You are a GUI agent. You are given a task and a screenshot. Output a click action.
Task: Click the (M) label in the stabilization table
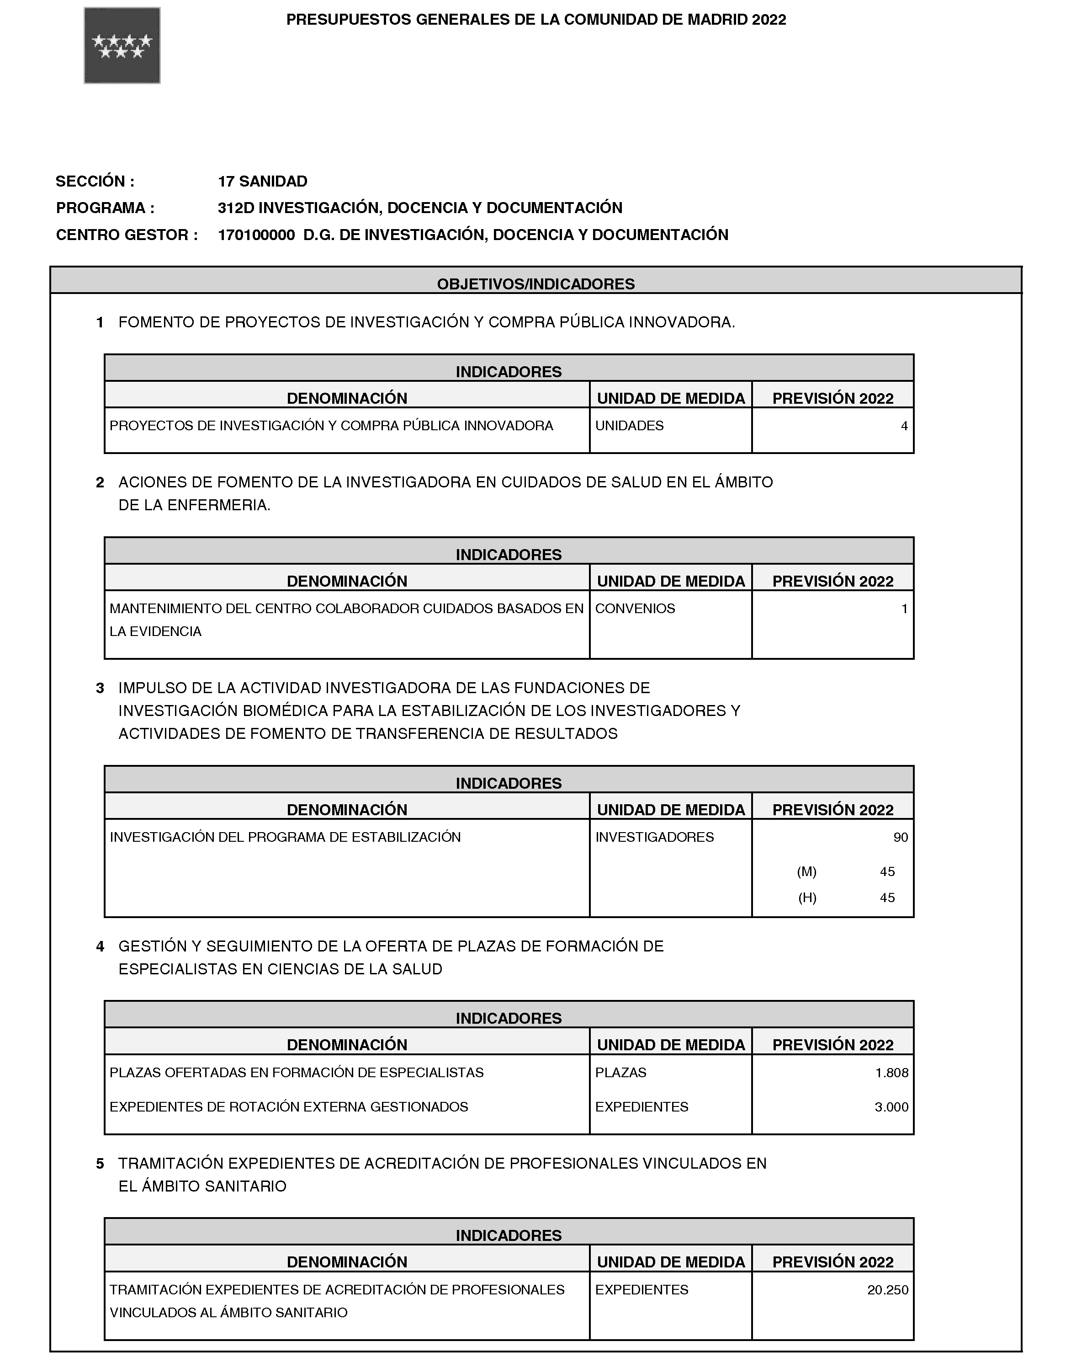[x=806, y=871]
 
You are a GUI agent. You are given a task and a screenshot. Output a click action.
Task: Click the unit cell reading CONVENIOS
[x=635, y=609]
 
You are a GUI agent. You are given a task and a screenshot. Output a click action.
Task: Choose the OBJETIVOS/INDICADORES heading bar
[x=535, y=283]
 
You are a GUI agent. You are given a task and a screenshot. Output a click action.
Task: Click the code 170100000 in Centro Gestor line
[x=256, y=235]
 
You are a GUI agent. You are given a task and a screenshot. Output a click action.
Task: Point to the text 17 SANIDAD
[x=262, y=182]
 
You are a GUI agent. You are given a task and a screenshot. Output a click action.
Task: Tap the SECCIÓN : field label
[x=95, y=182]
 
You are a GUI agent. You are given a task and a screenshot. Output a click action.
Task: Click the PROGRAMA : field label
[x=105, y=208]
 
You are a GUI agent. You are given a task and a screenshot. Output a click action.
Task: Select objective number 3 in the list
[x=100, y=689]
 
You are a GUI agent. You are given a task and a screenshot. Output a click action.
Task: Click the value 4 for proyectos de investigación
[x=904, y=426]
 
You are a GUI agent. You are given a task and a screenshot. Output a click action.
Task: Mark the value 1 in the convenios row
[x=904, y=609]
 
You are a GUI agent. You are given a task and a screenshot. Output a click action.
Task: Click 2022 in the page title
[x=769, y=20]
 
